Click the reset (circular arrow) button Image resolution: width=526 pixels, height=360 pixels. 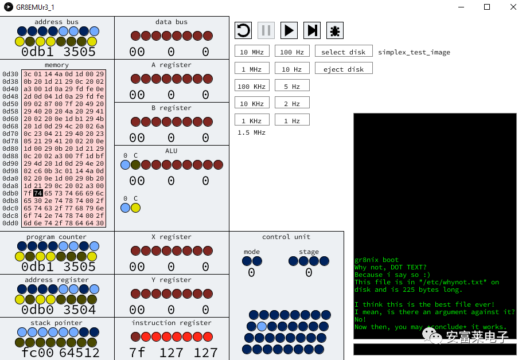click(243, 30)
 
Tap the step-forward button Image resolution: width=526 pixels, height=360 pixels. click(312, 30)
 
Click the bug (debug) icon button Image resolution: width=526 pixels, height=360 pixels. click(335, 30)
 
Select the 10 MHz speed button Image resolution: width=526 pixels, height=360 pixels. click(252, 51)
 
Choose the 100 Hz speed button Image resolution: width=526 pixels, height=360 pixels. click(292, 51)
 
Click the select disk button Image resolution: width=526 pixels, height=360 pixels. click(344, 51)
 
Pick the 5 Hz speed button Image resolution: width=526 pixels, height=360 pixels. click(292, 85)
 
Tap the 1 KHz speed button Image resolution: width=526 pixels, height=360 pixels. click(252, 120)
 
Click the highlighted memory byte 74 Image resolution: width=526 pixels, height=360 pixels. click(38, 193)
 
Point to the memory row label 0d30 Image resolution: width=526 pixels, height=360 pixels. click(10, 74)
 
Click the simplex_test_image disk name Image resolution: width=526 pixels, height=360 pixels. click(414, 52)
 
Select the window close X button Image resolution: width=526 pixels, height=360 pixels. click(513, 7)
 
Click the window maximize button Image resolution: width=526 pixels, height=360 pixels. click(487, 7)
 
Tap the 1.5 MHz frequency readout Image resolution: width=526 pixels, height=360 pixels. click(251, 132)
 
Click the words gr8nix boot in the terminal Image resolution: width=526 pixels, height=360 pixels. click(376, 260)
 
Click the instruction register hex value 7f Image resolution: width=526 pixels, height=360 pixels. click(137, 353)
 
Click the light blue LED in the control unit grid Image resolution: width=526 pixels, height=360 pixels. click(262, 326)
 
